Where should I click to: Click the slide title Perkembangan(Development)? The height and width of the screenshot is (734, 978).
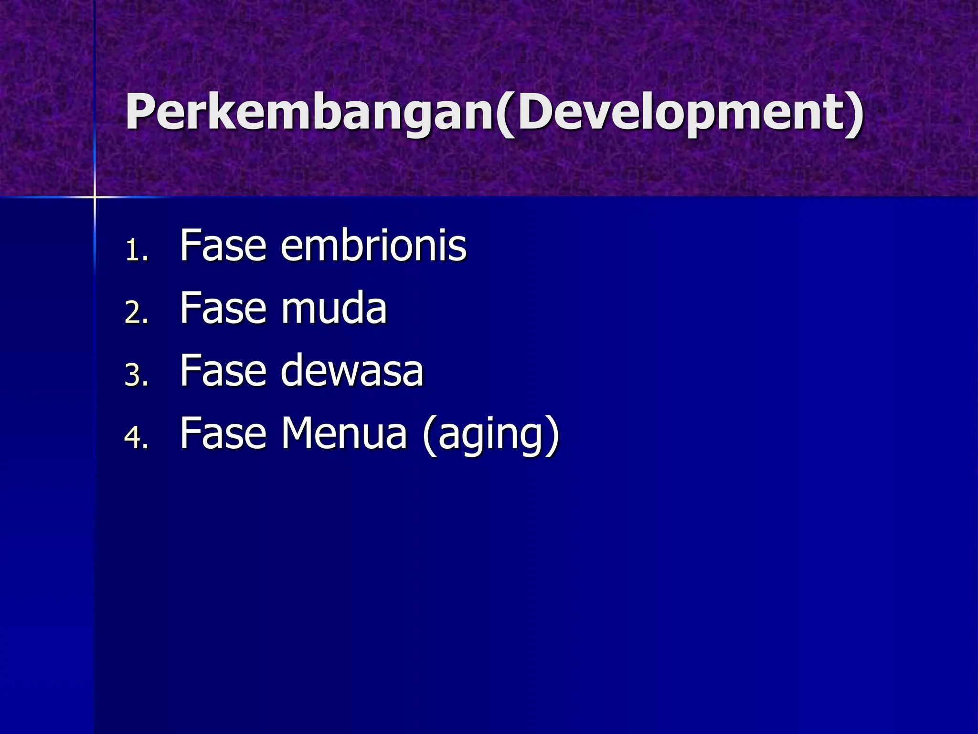495,112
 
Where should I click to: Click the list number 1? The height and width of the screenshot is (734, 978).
137,250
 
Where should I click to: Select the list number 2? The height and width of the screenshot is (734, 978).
137,313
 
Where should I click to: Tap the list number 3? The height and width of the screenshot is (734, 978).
137,375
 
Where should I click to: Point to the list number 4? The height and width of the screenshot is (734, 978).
137,437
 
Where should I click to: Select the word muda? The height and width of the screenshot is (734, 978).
334,308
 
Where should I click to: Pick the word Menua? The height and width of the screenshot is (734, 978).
343,433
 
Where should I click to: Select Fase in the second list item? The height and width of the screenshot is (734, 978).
223,308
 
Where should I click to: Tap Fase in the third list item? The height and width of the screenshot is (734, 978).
223,371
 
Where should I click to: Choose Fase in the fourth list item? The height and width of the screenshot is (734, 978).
223,433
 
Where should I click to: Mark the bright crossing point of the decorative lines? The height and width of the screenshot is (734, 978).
95,196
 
